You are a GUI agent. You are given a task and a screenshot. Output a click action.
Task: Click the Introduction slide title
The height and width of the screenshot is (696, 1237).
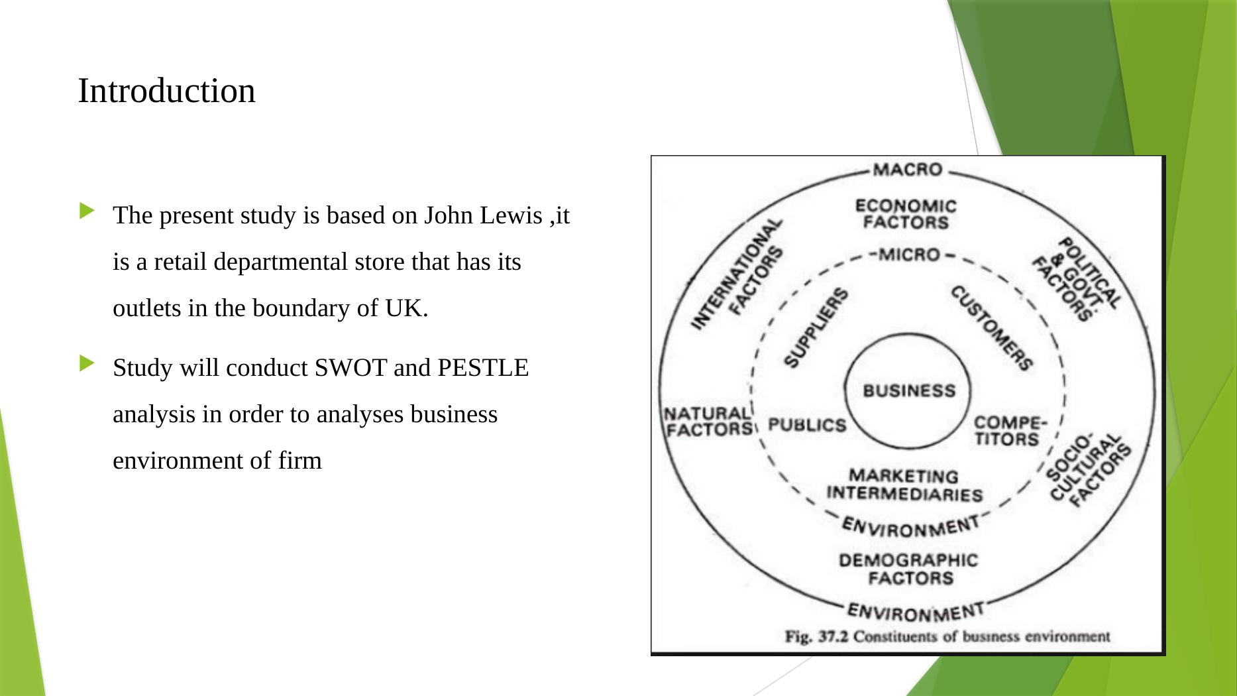166,91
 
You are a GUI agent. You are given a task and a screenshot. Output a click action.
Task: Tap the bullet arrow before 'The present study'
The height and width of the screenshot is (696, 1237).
87,211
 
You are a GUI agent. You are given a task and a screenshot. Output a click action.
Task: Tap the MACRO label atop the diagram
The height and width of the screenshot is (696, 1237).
907,170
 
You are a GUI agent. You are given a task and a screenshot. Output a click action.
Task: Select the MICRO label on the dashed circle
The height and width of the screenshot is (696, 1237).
908,255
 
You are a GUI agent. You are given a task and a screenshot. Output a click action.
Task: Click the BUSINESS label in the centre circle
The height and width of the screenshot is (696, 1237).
909,390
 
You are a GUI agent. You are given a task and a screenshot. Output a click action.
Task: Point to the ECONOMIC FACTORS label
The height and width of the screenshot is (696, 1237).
906,214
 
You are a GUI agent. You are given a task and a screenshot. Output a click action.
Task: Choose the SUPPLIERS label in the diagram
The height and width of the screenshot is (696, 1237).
815,327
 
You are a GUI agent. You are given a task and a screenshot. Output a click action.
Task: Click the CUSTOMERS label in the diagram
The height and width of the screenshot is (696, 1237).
991,328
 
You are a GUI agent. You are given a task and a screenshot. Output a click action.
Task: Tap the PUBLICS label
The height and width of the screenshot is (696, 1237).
806,425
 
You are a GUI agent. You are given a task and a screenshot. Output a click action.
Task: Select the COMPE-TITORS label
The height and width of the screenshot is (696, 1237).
1009,431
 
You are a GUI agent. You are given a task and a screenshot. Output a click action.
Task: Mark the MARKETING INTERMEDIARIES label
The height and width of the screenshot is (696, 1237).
904,485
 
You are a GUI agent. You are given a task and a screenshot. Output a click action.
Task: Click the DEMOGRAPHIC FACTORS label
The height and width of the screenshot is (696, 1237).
908,569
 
